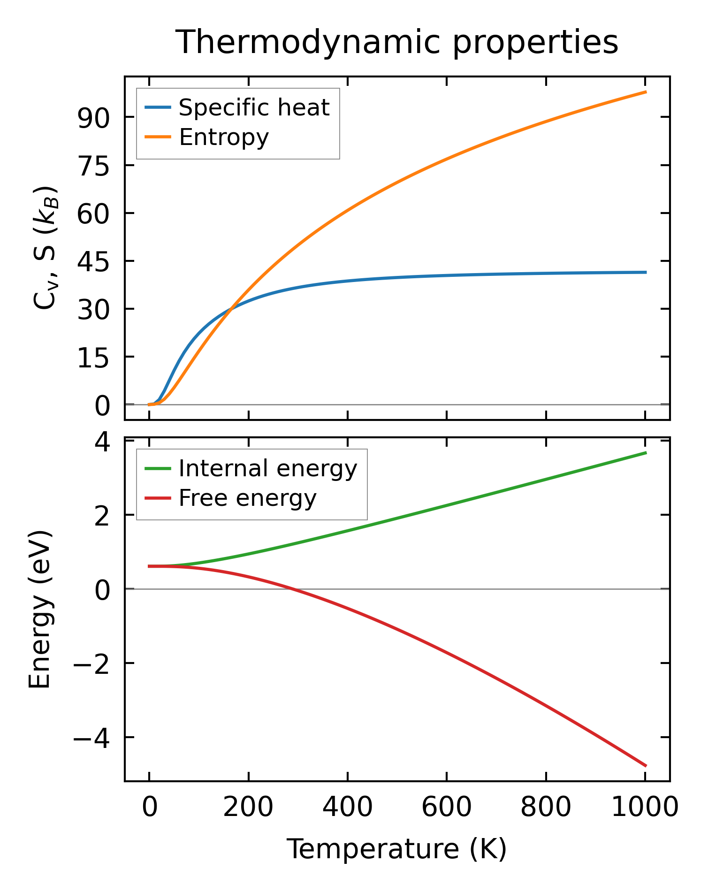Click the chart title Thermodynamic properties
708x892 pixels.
click(397, 42)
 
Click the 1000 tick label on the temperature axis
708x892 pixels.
click(645, 808)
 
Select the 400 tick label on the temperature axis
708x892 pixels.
click(347, 808)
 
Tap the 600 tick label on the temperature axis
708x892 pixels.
click(447, 808)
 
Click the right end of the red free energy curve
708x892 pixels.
click(646, 766)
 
